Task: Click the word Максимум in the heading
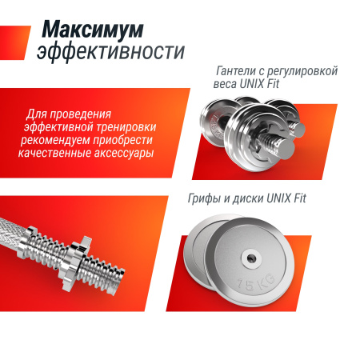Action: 94,30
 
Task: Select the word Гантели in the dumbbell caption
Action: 239,71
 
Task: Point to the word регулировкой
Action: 305,71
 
